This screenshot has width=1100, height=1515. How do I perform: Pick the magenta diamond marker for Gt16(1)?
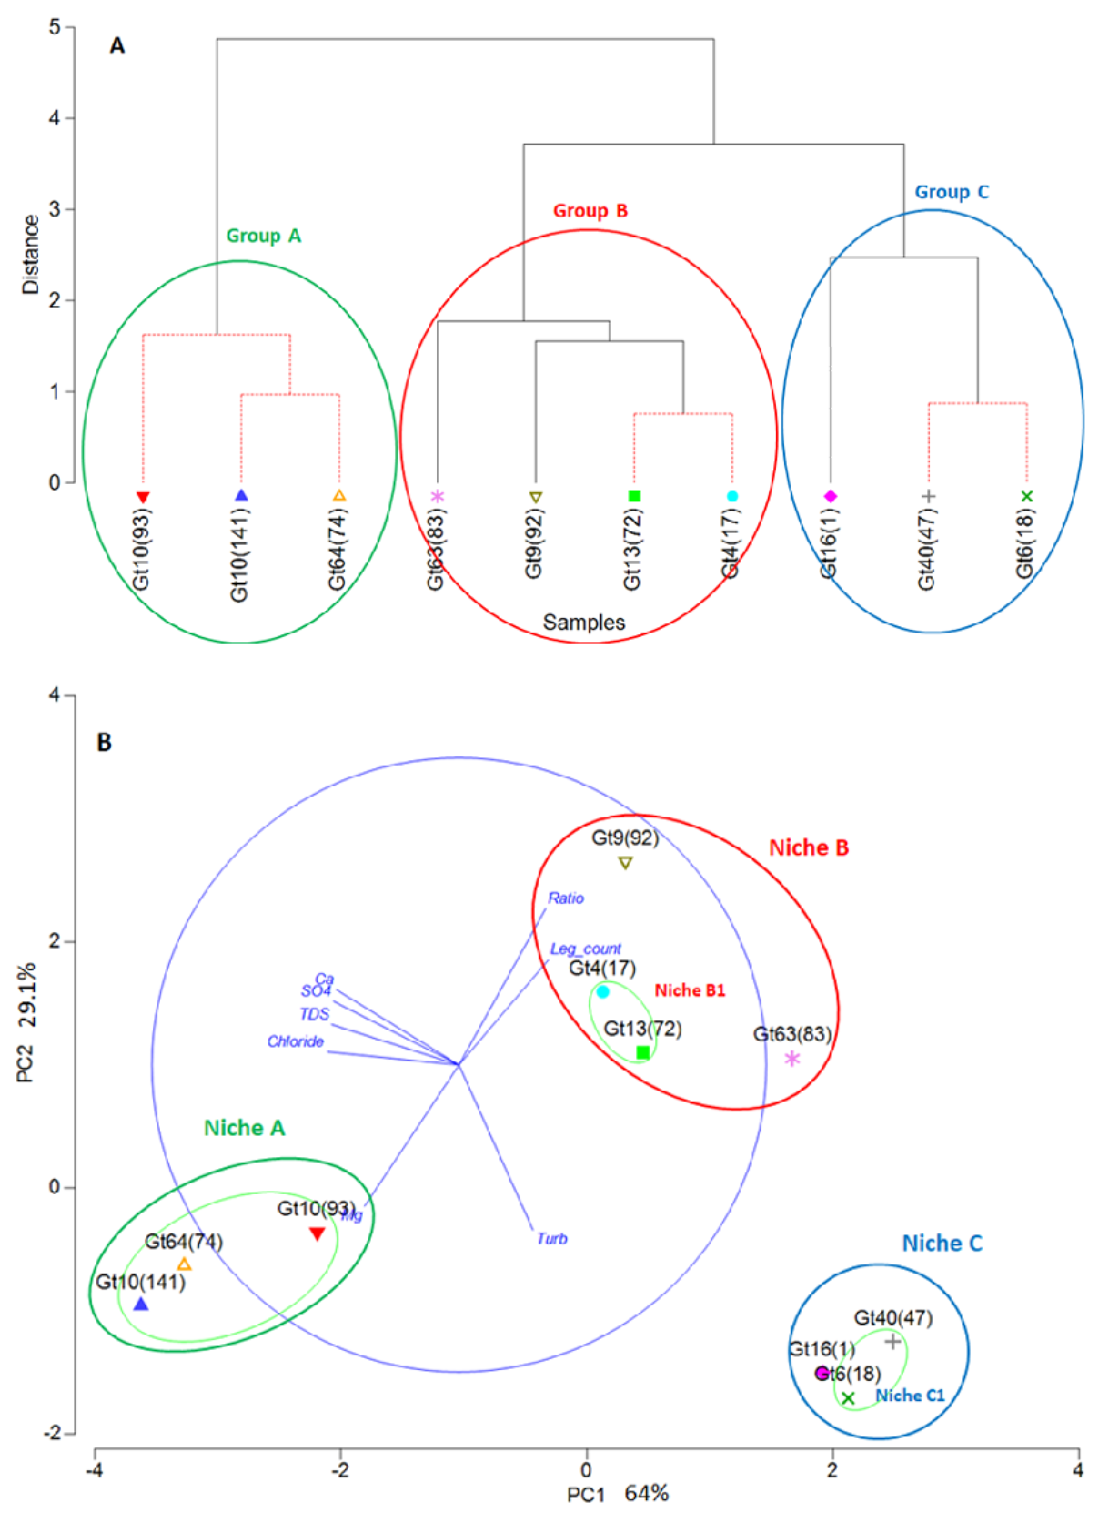830,496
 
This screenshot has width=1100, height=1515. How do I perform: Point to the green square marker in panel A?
634,496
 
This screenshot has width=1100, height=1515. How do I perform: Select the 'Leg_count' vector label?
585,949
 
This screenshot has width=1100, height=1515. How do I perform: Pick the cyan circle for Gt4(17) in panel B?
603,992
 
